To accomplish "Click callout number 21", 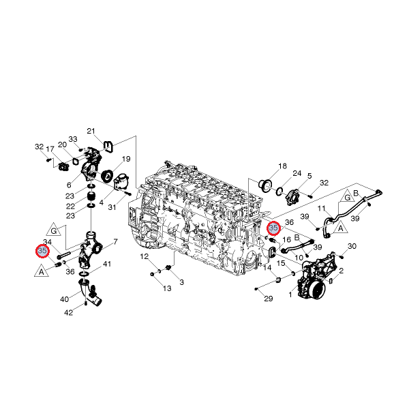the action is (91, 131).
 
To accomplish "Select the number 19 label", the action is (126, 159).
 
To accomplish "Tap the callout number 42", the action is (68, 312).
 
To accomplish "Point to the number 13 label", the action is (167, 288).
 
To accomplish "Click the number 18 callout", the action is (282, 166).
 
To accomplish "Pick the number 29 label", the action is (269, 299).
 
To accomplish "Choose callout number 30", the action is (352, 246).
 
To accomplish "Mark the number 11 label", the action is (321, 209).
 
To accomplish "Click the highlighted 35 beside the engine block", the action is (273, 228).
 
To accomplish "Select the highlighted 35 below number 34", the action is (42, 251).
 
